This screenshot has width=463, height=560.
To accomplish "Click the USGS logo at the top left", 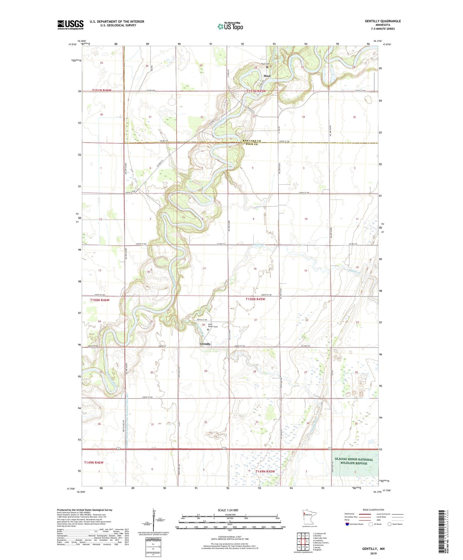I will click(x=70, y=25).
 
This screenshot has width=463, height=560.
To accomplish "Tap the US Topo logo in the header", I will click(x=230, y=26).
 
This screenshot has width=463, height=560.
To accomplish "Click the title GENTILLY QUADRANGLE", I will click(x=383, y=21).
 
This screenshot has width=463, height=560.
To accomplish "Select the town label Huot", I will click(x=267, y=76).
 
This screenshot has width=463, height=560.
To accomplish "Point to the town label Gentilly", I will click(x=205, y=344).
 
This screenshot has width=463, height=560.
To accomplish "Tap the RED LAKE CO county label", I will click(x=252, y=141).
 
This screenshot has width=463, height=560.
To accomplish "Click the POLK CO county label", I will click(x=252, y=144).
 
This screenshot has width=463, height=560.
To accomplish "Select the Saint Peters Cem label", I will click(x=213, y=326).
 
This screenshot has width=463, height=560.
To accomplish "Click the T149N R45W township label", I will click(x=265, y=471).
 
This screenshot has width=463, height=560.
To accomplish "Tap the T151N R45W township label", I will click(x=256, y=91).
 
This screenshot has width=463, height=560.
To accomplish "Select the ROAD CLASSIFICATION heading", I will click(x=373, y=510).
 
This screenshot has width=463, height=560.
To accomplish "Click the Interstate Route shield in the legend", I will click(x=347, y=524).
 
